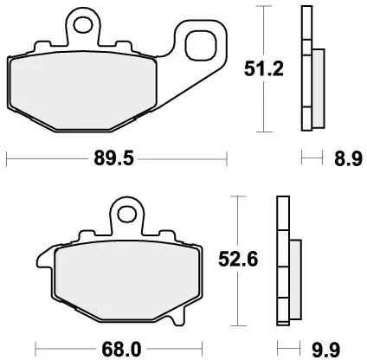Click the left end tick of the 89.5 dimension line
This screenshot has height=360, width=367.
(7, 158)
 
